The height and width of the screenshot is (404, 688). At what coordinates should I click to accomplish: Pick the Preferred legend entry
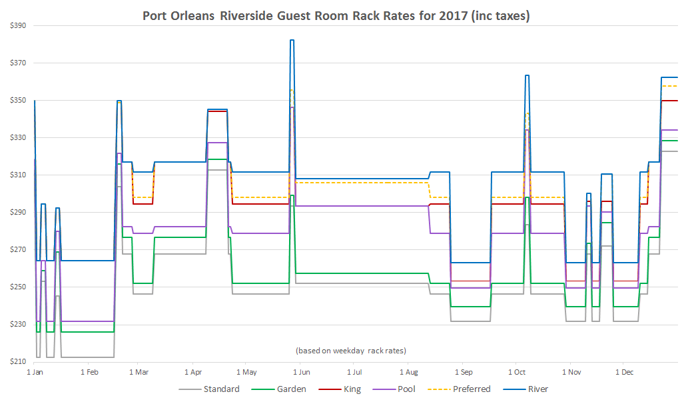point(472,389)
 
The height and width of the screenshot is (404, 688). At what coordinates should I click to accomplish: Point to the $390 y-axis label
point(18,25)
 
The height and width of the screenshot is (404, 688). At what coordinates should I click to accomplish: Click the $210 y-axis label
point(18,362)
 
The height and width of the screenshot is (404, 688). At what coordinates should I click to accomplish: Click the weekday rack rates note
point(350,351)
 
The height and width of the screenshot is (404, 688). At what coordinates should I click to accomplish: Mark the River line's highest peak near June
point(292,41)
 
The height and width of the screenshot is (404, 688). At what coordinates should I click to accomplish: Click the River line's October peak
point(527,76)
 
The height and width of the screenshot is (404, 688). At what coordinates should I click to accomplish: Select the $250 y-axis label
point(18,287)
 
